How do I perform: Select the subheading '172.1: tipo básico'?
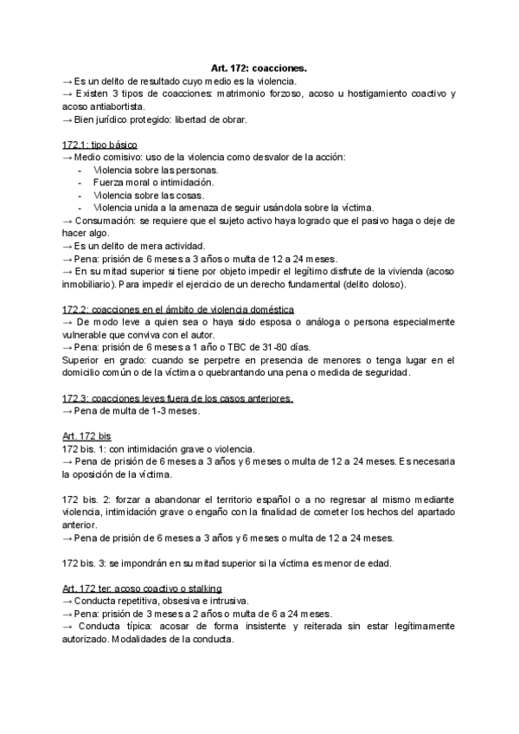100,144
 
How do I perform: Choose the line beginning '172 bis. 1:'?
159,449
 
